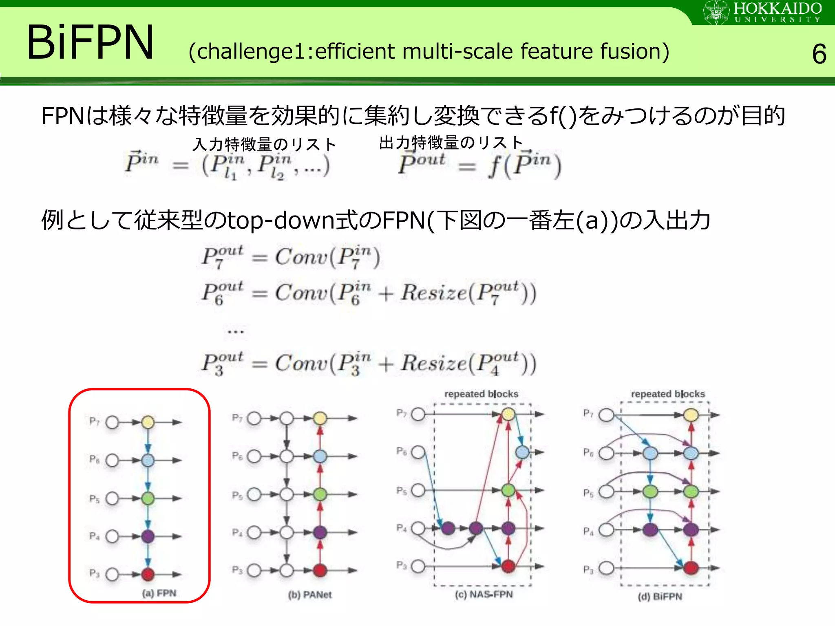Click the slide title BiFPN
[x=90, y=42]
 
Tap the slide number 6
[x=819, y=54]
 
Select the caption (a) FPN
[x=159, y=593]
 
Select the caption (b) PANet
[x=309, y=595]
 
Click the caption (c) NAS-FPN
[x=484, y=594]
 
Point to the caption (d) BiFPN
[x=660, y=597]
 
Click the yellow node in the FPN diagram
[x=148, y=422]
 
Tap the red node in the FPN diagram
[x=148, y=574]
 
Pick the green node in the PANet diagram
[x=320, y=494]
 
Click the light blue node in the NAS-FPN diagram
[x=522, y=452]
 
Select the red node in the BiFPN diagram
[x=691, y=568]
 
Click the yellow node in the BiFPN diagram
[x=691, y=415]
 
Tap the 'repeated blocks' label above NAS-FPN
[x=481, y=394]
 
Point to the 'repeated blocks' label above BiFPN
[x=668, y=394]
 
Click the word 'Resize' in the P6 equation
[x=433, y=293]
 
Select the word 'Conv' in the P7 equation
[x=301, y=257]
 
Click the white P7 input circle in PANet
[x=254, y=418]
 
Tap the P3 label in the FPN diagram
[x=94, y=573]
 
